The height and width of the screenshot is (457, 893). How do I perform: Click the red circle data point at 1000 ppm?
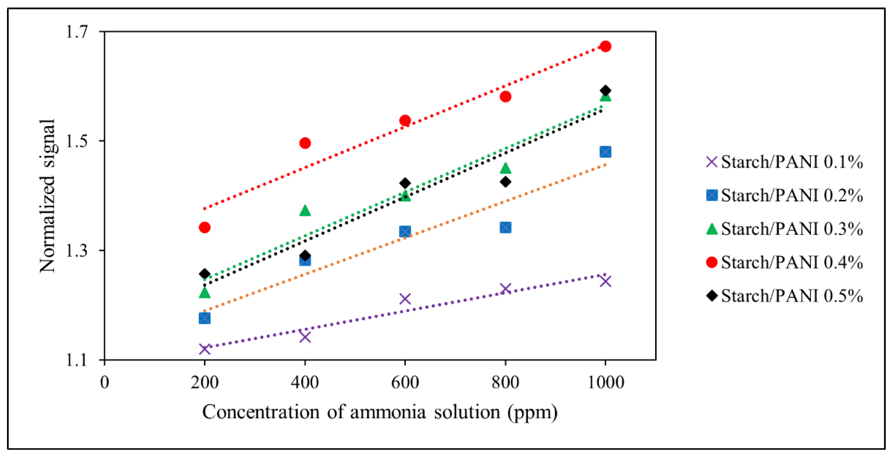(605, 46)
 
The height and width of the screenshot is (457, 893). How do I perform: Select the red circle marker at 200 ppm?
(204, 227)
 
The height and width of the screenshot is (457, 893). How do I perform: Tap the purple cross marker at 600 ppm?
(405, 299)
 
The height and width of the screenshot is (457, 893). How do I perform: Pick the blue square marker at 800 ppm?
(506, 227)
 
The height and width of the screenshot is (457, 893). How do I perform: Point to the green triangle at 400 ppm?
(305, 210)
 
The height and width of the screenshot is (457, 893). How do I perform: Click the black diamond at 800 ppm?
(506, 181)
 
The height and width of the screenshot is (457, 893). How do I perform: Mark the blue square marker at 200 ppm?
(204, 318)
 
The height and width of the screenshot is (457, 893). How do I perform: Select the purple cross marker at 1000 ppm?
(605, 281)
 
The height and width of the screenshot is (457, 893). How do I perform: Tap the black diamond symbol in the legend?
(712, 295)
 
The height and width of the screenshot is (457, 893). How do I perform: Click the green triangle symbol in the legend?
(712, 229)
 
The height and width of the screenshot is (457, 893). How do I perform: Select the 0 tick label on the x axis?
(104, 383)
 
